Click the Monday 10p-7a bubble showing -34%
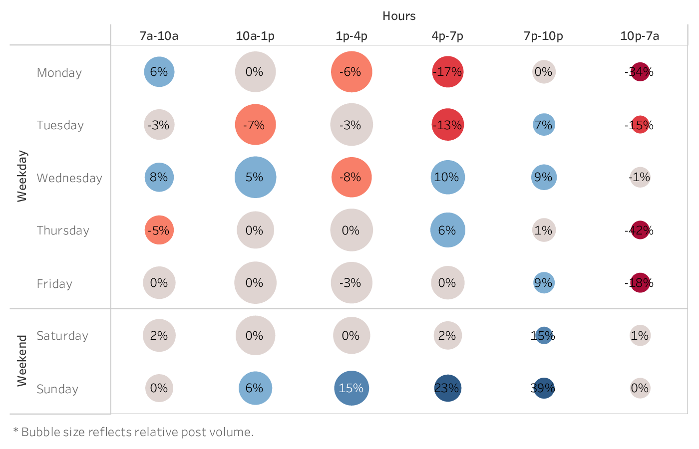(640, 72)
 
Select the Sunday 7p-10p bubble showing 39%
(544, 388)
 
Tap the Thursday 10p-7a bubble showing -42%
(640, 230)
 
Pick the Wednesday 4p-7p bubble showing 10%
(447, 177)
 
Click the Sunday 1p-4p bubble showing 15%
(351, 388)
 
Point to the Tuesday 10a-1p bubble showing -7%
(255, 125)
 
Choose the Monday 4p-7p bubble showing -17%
(447, 72)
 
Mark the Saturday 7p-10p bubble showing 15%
(544, 336)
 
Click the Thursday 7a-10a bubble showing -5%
(159, 230)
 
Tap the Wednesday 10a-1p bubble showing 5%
(255, 177)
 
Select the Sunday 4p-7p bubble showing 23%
(447, 388)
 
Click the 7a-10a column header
(159, 36)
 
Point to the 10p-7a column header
(640, 36)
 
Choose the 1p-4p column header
(351, 36)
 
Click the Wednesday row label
(69, 178)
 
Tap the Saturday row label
(62, 336)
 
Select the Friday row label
(54, 284)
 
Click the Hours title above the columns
(399, 16)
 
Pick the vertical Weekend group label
(22, 361)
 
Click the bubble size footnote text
(133, 432)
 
